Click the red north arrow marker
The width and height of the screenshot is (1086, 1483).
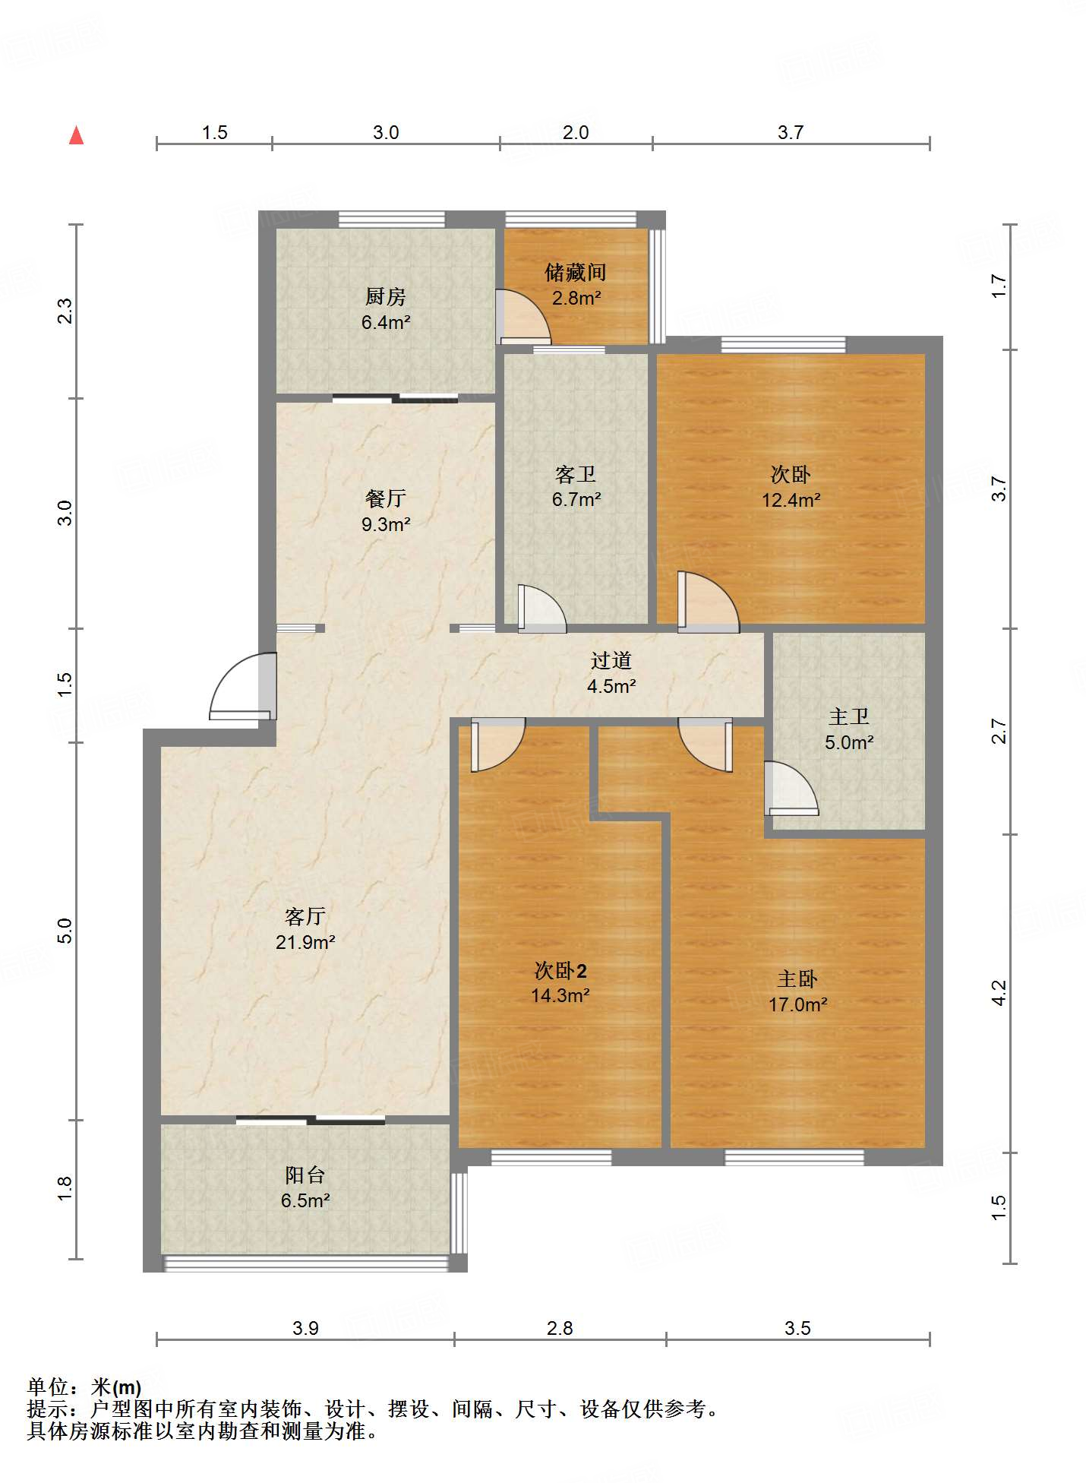(76, 135)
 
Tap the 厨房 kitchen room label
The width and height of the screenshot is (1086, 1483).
(386, 296)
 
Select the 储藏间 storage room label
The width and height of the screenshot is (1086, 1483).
(576, 272)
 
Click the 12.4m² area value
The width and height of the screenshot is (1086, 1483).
(791, 500)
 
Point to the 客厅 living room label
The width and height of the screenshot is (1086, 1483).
(305, 916)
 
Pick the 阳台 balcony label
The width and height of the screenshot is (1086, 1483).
(305, 1175)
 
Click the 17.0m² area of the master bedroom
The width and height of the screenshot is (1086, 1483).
(797, 1004)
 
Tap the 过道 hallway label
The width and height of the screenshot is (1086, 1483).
(611, 660)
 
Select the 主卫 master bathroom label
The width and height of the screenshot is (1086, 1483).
(849, 716)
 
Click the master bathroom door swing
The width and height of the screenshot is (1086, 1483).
(791, 789)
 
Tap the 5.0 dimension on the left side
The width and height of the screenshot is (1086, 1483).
(65, 931)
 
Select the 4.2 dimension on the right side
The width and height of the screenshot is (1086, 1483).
(999, 993)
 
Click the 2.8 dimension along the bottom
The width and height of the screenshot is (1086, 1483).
(560, 1328)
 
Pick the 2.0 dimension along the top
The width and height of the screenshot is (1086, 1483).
(576, 132)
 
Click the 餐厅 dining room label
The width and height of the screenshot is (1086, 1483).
(386, 498)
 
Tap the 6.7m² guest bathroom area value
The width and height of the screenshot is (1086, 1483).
(576, 499)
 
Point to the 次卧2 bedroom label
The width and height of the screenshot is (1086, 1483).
(560, 970)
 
